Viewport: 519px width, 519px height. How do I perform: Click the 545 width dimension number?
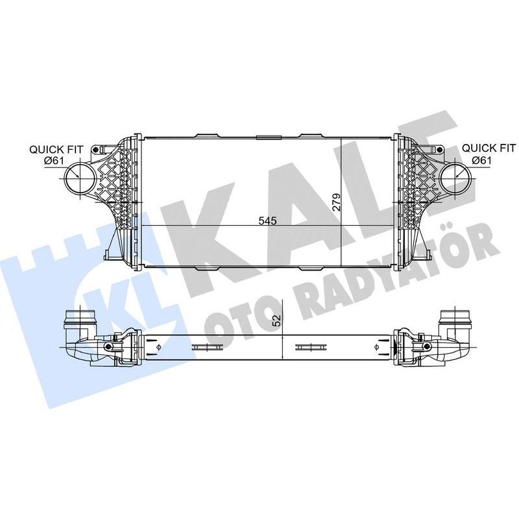267,221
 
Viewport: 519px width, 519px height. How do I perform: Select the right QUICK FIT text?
489,149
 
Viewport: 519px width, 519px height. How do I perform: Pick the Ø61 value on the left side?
54,161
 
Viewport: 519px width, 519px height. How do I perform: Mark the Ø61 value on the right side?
481,160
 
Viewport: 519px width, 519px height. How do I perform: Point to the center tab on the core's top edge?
267,137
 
